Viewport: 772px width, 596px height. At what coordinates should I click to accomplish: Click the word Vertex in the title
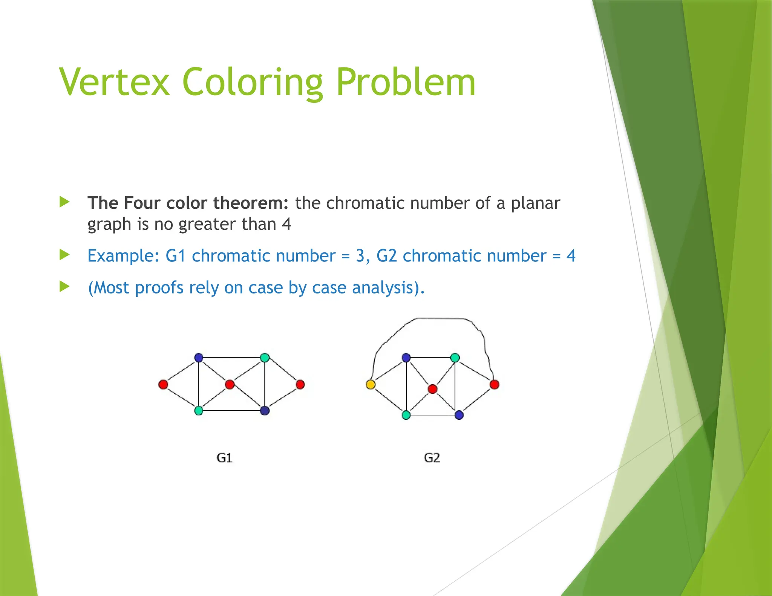point(114,82)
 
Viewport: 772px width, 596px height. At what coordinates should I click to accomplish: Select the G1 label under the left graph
point(224,458)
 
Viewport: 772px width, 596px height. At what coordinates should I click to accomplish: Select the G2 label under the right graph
point(432,458)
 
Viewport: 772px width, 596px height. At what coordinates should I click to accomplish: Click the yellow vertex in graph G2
point(371,384)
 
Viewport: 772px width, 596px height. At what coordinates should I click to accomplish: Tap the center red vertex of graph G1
point(230,384)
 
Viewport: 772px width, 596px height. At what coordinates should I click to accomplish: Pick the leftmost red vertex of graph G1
point(163,384)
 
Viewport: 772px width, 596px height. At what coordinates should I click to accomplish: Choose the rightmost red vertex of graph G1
point(300,384)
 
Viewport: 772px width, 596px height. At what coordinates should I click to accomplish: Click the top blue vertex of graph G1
point(199,358)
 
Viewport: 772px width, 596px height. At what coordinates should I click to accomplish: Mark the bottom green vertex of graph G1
point(199,410)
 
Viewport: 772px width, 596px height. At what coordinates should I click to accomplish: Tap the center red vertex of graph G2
point(432,389)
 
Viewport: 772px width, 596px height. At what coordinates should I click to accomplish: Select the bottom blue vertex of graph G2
point(459,415)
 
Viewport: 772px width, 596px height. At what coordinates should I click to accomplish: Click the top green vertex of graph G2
point(455,358)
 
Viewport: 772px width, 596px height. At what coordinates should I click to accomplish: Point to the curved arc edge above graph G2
point(441,318)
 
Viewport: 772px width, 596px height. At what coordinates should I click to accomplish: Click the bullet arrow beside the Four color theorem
point(65,202)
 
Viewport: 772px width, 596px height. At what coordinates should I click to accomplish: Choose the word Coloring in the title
point(252,82)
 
